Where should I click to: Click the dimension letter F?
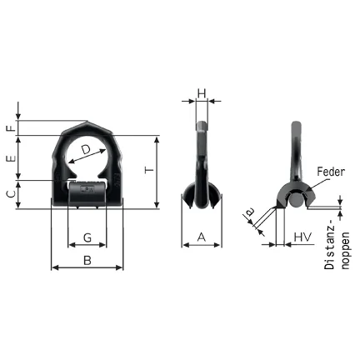[10, 128]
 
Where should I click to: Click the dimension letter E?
[10, 157]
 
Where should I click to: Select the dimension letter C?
[10, 193]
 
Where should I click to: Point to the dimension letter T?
[148, 170]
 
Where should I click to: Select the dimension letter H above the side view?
[201, 93]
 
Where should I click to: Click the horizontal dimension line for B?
[87, 268]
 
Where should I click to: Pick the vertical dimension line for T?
[157, 170]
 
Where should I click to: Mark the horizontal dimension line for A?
[201, 245]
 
